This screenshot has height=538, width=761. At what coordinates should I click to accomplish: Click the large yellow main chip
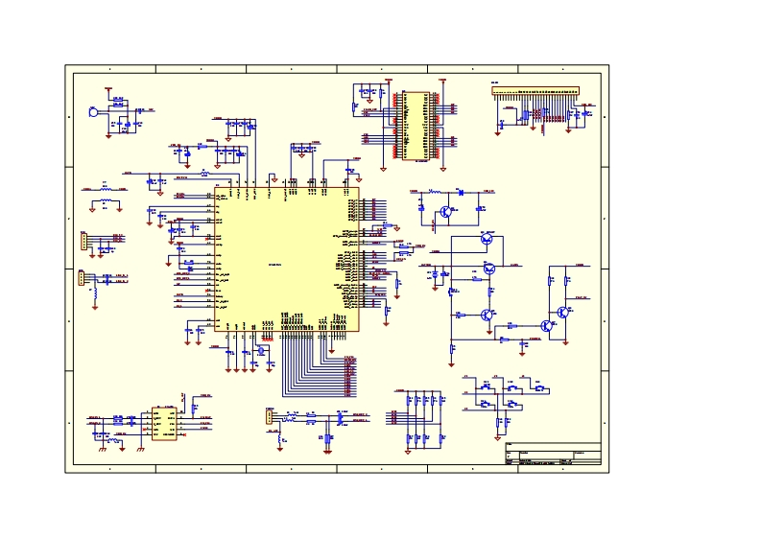click(287, 259)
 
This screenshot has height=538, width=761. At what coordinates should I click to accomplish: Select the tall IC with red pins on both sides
click(416, 126)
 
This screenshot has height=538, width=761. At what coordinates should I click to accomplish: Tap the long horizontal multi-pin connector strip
click(536, 94)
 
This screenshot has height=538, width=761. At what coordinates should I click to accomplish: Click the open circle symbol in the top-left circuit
click(92, 112)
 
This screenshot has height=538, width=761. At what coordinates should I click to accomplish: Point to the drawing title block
click(552, 456)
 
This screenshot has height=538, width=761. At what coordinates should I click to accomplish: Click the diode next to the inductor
click(461, 193)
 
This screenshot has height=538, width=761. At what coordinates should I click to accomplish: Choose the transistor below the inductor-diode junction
click(445, 212)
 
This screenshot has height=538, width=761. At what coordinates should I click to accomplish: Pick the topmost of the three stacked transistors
click(488, 239)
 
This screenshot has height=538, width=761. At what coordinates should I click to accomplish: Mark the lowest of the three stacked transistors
click(488, 314)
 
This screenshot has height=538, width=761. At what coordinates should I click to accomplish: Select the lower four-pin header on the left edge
click(83, 279)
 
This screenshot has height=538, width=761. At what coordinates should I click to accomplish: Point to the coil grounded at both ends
click(106, 190)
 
